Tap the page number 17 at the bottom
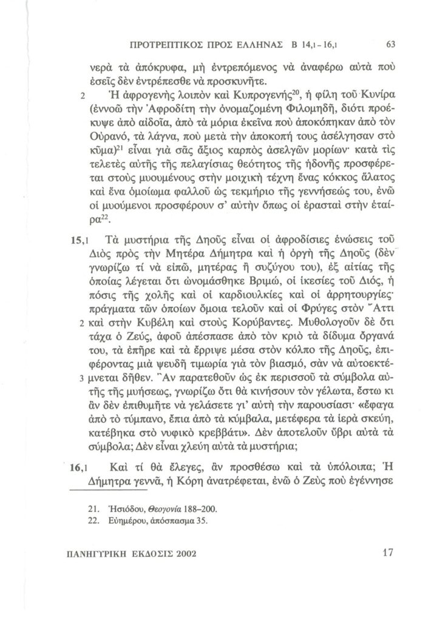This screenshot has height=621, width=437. tap(390, 552)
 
